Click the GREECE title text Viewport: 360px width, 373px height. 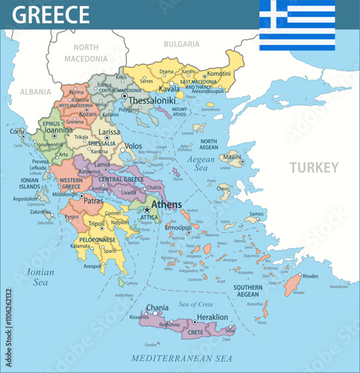51,14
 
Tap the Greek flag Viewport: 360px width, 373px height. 297,25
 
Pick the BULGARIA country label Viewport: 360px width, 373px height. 181,44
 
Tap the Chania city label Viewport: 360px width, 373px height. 157,307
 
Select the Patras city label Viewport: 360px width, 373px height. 93,201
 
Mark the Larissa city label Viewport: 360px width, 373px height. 110,131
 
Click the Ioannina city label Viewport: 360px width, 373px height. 58,128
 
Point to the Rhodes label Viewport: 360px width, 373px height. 310,277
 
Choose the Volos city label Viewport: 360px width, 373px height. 133,146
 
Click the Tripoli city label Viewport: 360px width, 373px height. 96,223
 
